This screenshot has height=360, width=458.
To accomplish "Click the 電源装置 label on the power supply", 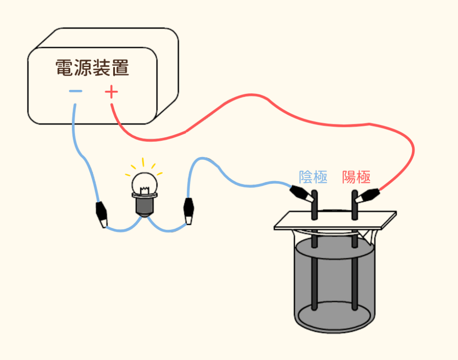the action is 92,68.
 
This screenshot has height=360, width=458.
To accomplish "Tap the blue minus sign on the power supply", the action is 76,91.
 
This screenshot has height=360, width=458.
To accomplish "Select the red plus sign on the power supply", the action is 111,92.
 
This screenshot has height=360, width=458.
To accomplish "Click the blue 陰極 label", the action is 313,177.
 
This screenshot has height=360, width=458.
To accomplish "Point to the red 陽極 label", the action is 356,177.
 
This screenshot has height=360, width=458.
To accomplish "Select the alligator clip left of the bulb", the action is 102,215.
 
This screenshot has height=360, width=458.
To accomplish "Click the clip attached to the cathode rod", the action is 302,193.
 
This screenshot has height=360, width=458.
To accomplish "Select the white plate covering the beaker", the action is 335,220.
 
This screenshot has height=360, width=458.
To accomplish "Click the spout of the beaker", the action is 369,237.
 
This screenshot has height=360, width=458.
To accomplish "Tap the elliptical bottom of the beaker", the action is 335,317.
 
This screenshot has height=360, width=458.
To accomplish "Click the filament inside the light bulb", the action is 144,191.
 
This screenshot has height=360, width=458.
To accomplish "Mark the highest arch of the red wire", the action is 252,95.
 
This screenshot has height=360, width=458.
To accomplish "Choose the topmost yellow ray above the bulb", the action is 143,162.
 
